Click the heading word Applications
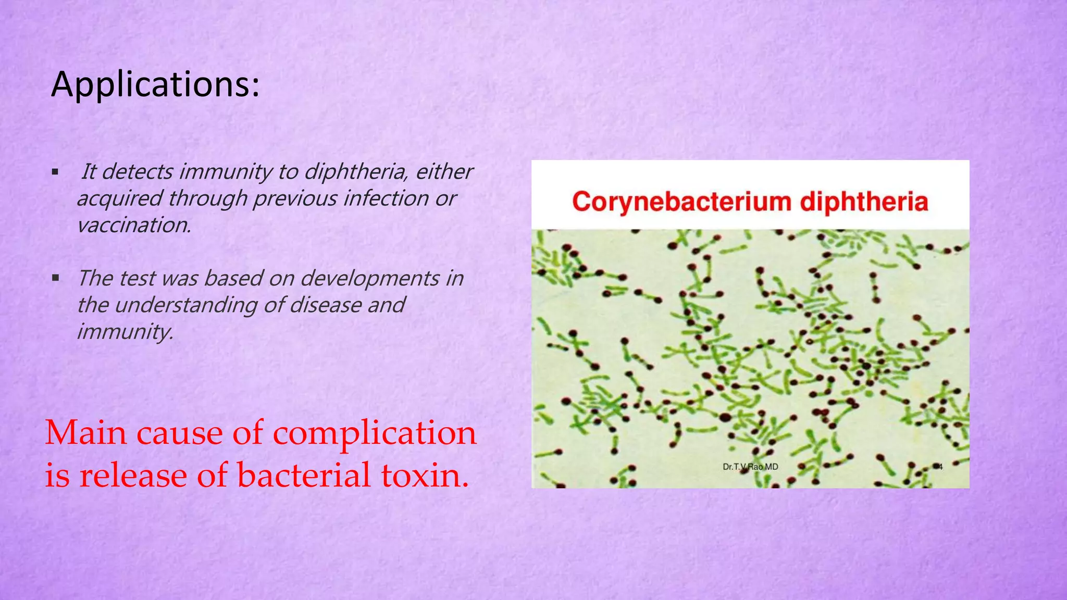pyautogui.click(x=155, y=84)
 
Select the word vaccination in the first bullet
pyautogui.click(x=134, y=225)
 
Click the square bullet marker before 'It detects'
pyautogui.click(x=55, y=171)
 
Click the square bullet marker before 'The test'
pyautogui.click(x=55, y=278)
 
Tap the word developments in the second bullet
pyautogui.click(x=369, y=278)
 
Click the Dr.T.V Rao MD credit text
pyautogui.click(x=750, y=467)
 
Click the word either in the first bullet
pyautogui.click(x=444, y=171)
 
